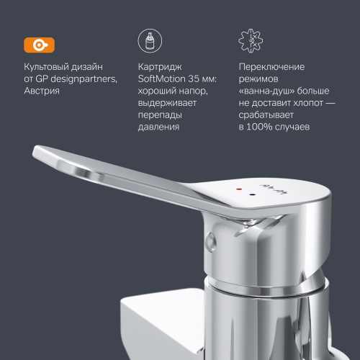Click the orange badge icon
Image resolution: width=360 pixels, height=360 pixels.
(35, 43)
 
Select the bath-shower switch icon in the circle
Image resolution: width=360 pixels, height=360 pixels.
(249, 41)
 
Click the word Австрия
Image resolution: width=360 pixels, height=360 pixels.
(41, 91)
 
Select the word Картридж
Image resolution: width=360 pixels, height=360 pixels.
(158, 67)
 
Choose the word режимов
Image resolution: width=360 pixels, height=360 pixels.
(259, 79)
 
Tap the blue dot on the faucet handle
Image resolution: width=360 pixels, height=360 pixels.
(251, 194)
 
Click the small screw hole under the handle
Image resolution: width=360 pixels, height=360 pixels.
(210, 239)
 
